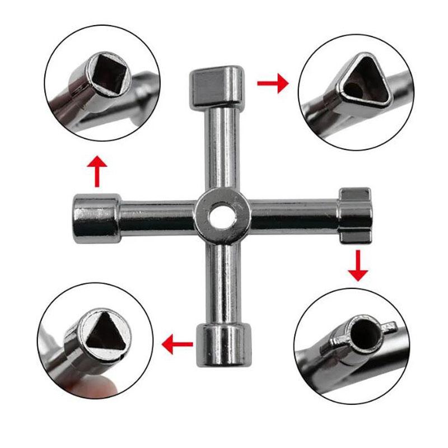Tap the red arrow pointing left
coord(176,343)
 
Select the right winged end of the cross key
coord(354,216)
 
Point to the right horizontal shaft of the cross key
coord(291,216)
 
